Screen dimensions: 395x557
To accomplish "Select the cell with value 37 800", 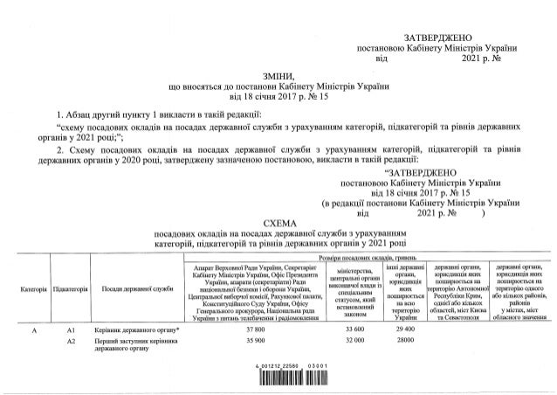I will tap(256, 329).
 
